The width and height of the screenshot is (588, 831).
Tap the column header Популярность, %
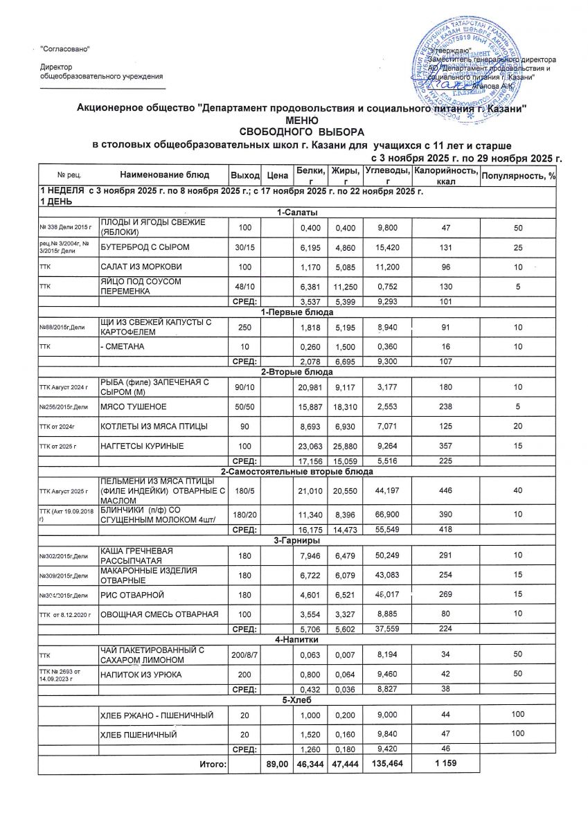point(519,175)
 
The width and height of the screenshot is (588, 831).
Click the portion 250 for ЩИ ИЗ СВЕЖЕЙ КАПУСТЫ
point(245,326)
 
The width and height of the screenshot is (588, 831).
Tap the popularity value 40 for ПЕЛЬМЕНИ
point(519,492)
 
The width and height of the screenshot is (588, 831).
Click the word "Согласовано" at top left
point(65,48)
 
